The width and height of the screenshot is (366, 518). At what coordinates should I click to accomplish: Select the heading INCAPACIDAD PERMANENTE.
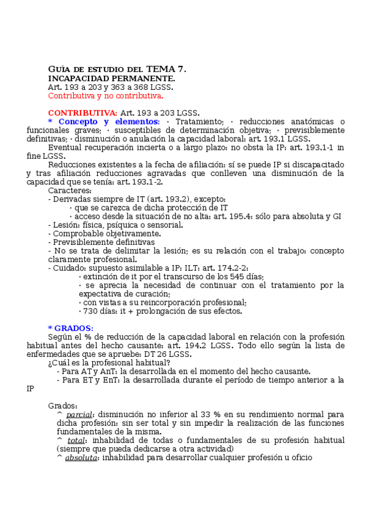pyautogui.click(x=111, y=78)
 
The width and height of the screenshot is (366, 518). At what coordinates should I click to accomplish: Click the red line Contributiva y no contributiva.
pyautogui.click(x=106, y=96)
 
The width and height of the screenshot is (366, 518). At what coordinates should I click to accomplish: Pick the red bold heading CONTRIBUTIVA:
pyautogui.click(x=82, y=113)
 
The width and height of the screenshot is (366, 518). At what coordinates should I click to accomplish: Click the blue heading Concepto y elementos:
pyautogui.click(x=108, y=122)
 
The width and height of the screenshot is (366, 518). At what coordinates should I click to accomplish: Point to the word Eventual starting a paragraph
pyautogui.click(x=64, y=147)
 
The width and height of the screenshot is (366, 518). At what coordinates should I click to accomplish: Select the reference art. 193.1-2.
pyautogui.click(x=143, y=182)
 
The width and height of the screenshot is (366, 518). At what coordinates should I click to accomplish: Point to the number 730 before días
pyautogui.click(x=90, y=311)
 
